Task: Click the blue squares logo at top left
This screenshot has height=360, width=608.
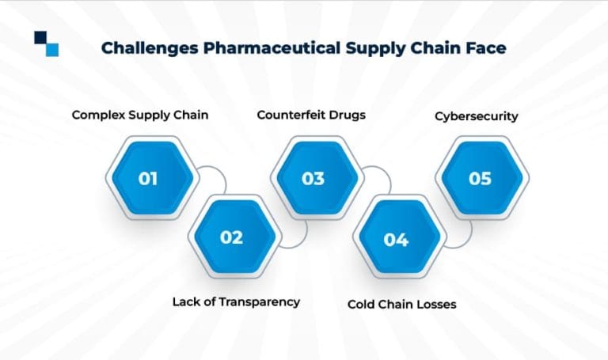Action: [47, 43]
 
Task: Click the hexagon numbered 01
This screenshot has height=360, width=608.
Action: [147, 178]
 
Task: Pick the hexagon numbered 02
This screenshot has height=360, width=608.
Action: [231, 237]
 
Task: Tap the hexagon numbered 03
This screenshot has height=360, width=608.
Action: [313, 178]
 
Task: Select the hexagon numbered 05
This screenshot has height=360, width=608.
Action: [480, 178]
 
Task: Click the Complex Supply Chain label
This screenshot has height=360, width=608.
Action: [140, 116]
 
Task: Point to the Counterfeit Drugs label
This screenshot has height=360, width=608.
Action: [311, 116]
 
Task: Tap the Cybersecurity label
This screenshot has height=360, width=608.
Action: [477, 116]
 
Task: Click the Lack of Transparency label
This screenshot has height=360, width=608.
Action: [236, 301]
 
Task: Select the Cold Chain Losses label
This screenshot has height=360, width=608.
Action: [402, 304]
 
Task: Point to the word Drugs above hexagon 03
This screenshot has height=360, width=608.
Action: [346, 116]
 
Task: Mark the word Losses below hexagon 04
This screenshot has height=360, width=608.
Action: [435, 304]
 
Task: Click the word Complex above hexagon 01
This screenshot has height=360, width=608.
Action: [97, 116]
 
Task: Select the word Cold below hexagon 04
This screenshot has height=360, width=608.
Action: [363, 304]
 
